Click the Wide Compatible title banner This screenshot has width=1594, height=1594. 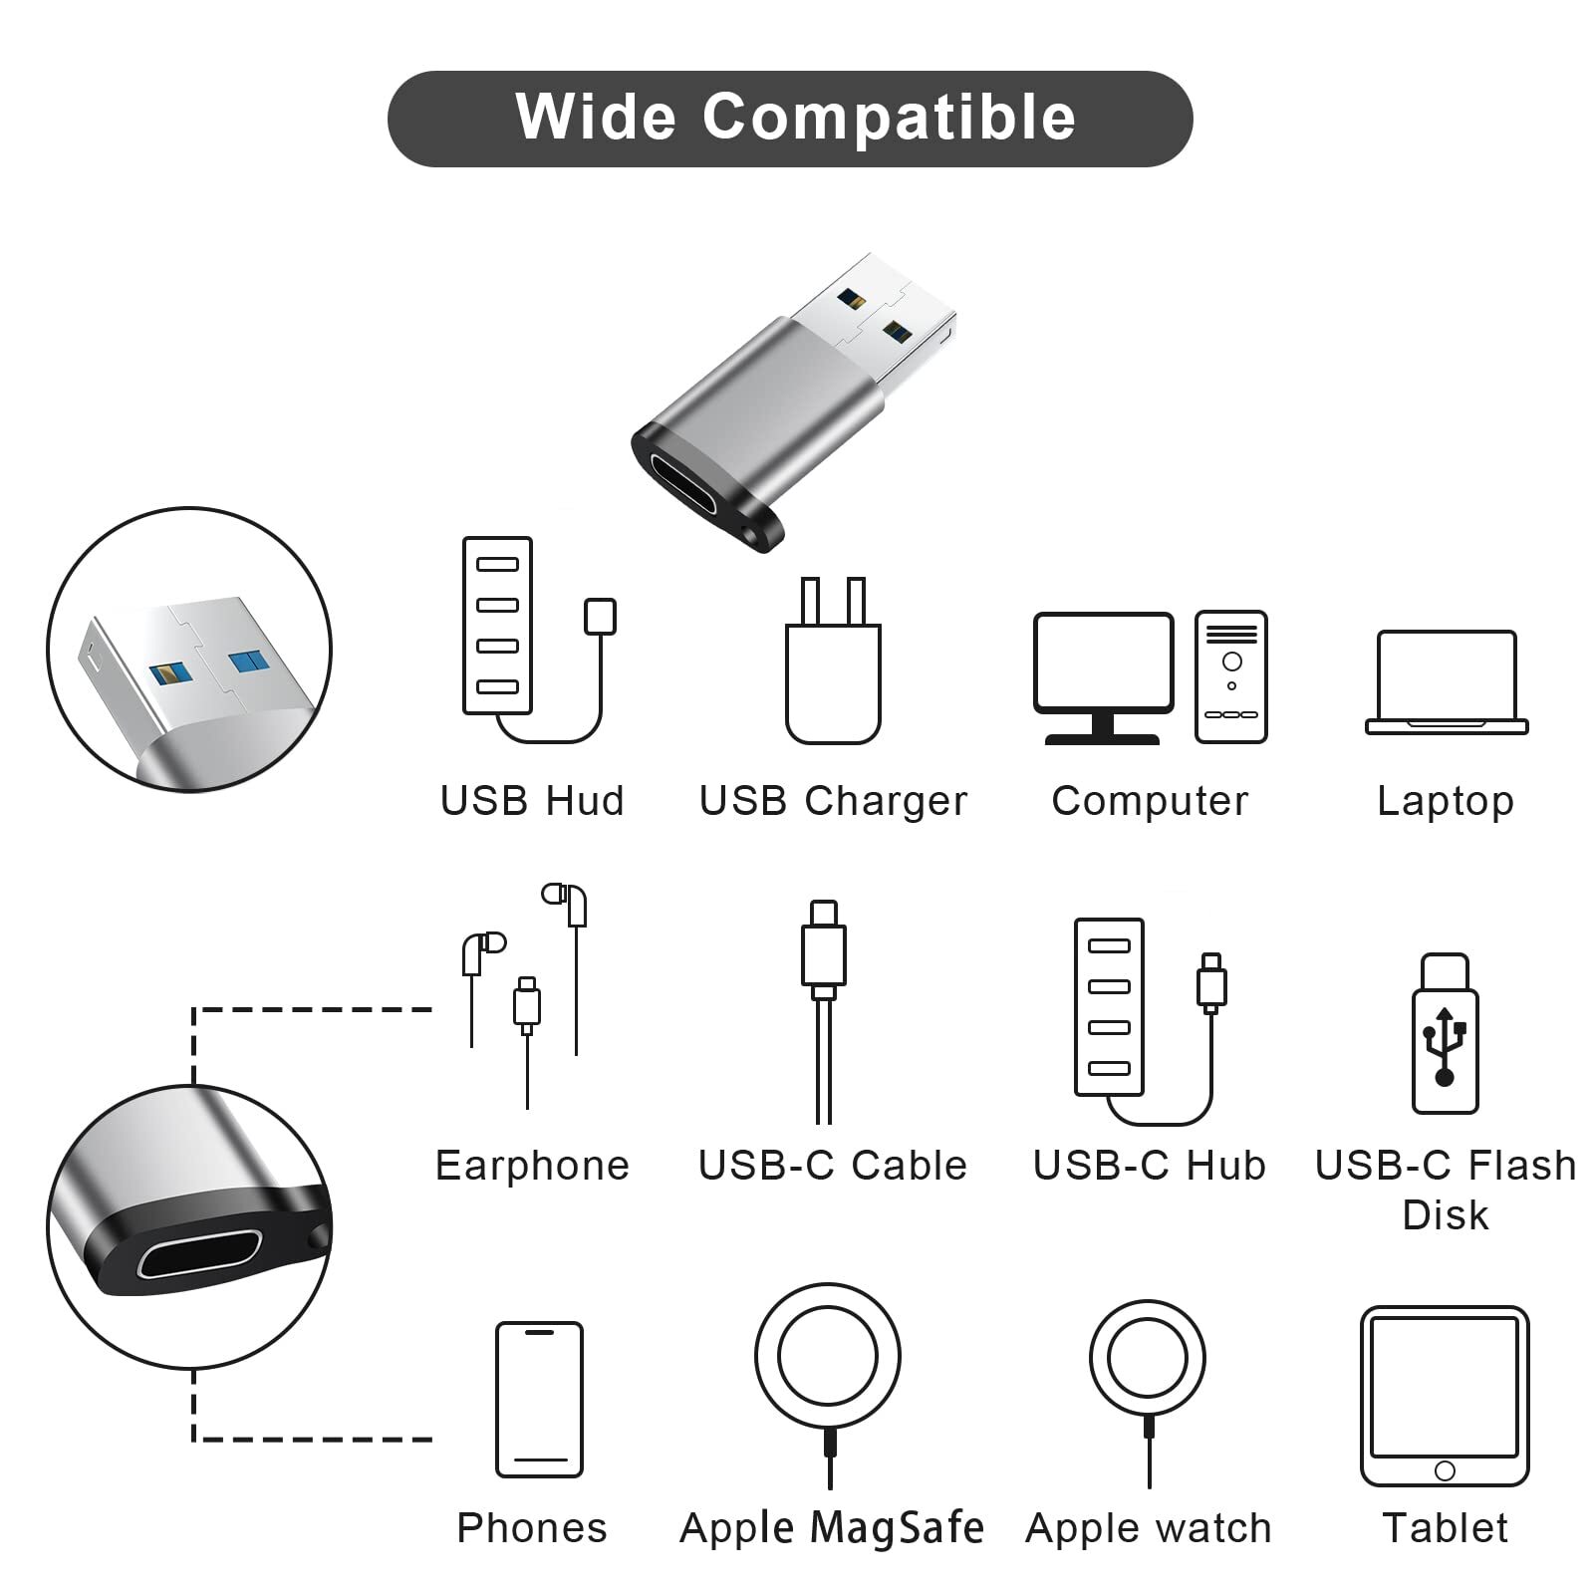789,119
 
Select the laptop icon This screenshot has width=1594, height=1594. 1446,683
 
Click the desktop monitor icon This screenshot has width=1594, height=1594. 1103,673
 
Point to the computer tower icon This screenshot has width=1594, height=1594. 1231,676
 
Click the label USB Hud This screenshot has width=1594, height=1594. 532,801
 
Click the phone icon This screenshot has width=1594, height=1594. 539,1399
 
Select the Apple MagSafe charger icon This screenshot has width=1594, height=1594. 828,1365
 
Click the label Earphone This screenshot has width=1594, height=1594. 532,1166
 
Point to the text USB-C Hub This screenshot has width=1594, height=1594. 1149,1166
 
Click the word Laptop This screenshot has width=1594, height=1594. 1446,801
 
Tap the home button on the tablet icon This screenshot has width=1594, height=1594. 1445,1470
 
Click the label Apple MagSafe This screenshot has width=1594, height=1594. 832,1527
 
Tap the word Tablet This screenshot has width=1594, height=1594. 1445,1527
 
